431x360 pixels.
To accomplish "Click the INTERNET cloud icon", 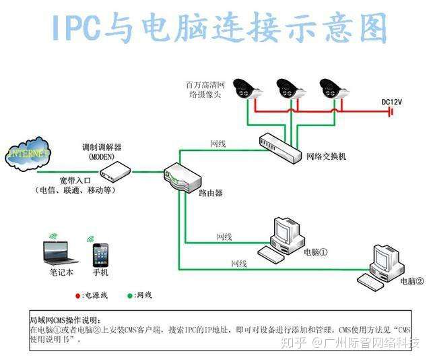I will pos(28,153).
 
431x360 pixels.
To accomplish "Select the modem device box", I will pos(115,174).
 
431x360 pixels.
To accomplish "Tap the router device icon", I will pos(182,177).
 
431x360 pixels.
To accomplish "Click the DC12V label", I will pos(391,102).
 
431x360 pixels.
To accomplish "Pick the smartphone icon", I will pos(100,254).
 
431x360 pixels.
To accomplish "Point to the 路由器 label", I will pos(210,193).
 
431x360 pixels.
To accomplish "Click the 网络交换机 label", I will pos(326,156).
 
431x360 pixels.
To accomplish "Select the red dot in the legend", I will pos(77,295).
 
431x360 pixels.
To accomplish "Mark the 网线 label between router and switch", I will pos(218,144).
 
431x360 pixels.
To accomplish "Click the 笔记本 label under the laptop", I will pos(62,273).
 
